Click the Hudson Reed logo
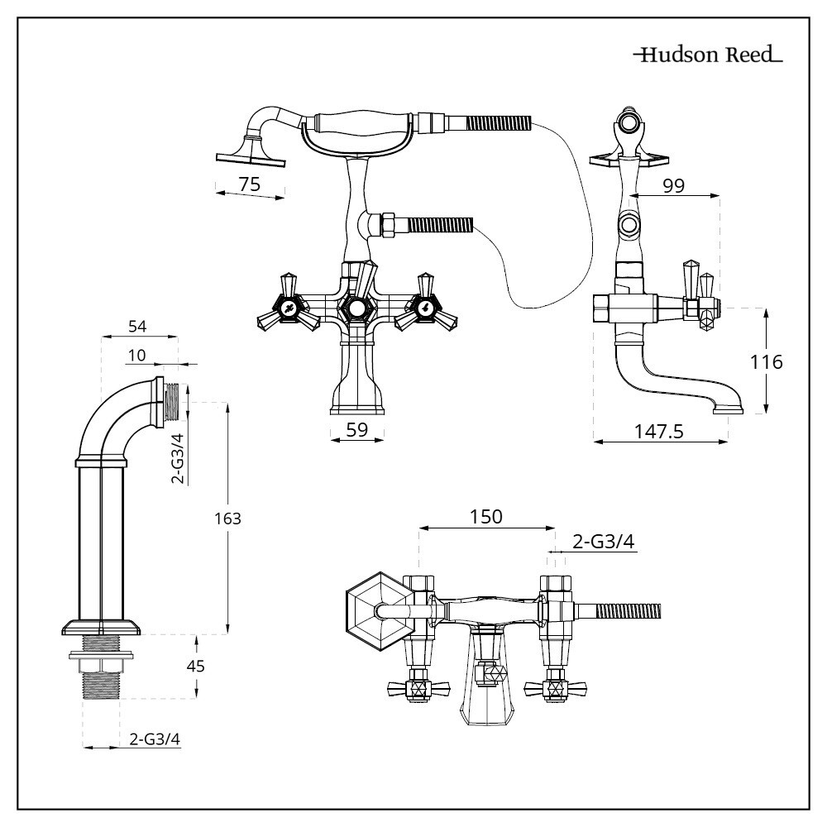pyautogui.click(x=708, y=56)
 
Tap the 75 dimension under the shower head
pyautogui.click(x=250, y=184)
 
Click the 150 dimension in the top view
pyautogui.click(x=486, y=516)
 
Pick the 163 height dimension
pyautogui.click(x=228, y=519)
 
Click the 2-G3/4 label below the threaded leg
pyautogui.click(x=155, y=739)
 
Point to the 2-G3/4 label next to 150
pyautogui.click(x=604, y=542)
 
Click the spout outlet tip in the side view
pyautogui.click(x=729, y=408)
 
